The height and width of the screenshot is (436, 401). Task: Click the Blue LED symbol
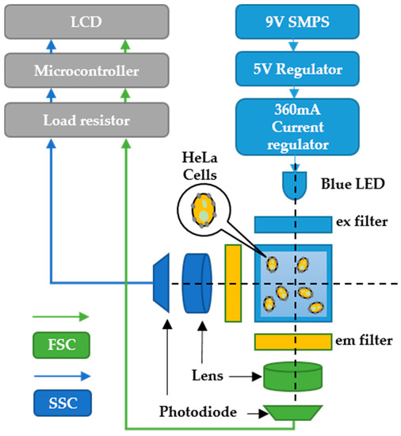296,187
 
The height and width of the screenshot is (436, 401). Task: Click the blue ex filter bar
292,224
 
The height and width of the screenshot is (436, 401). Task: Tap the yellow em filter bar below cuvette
292,341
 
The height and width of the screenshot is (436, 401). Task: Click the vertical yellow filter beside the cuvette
233,283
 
